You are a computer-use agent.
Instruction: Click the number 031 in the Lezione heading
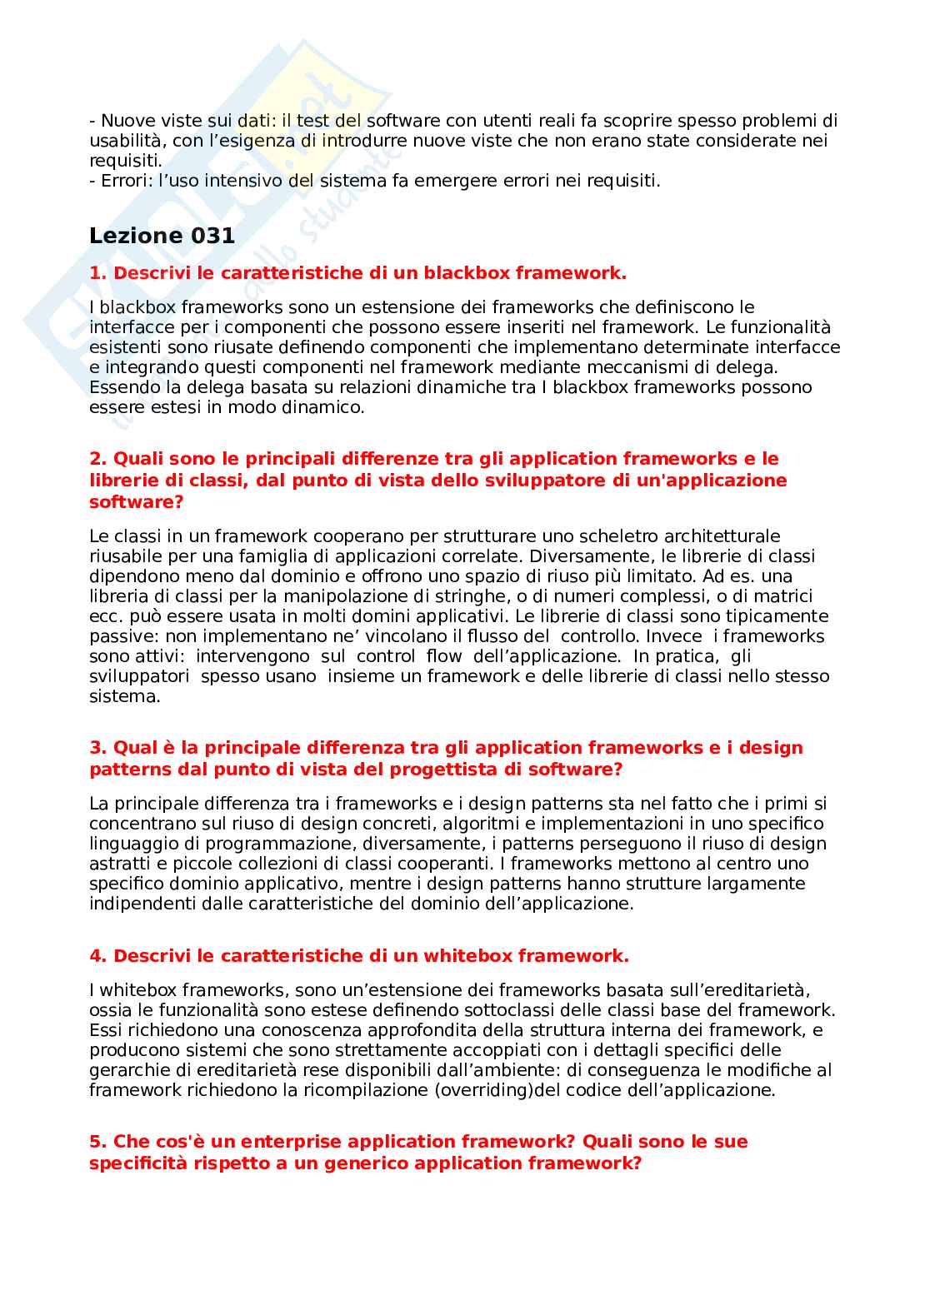pos(212,236)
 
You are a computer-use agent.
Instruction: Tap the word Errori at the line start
pos(124,181)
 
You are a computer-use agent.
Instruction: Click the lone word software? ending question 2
pos(136,502)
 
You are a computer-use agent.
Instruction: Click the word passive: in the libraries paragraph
pos(119,636)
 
